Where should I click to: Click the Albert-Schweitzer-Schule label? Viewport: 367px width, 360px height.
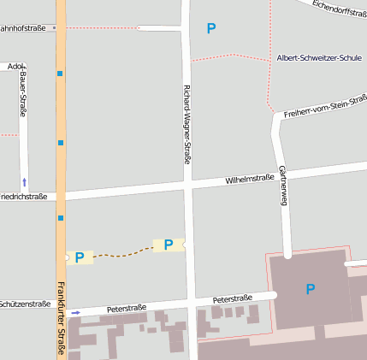pyautogui.click(x=318, y=58)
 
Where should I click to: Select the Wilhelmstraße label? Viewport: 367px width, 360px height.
pyautogui.click(x=249, y=180)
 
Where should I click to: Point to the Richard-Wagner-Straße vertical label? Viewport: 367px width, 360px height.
pyautogui.click(x=186, y=124)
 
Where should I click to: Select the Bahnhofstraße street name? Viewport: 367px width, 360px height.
pyautogui.click(x=23, y=27)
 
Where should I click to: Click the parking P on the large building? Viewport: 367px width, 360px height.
pyautogui.click(x=310, y=289)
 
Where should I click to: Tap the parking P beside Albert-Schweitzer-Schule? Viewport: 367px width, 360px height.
pyautogui.click(x=211, y=29)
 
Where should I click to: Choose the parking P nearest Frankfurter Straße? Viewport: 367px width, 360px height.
pyautogui.click(x=80, y=257)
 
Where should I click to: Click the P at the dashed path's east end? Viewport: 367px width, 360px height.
pyautogui.click(x=169, y=245)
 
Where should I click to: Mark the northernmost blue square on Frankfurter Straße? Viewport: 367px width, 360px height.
pyautogui.click(x=61, y=74)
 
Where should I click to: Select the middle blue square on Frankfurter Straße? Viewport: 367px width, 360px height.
pyautogui.click(x=61, y=143)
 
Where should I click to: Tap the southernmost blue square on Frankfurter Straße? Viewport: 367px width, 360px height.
pyautogui.click(x=61, y=218)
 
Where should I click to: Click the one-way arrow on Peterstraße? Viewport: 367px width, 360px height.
pyautogui.click(x=76, y=313)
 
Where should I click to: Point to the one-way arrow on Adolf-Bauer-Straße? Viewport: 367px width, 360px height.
pyautogui.click(x=24, y=181)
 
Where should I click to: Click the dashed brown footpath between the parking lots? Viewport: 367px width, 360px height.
pyautogui.click(x=124, y=252)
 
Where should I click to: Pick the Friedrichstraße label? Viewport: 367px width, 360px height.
pyautogui.click(x=22, y=196)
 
